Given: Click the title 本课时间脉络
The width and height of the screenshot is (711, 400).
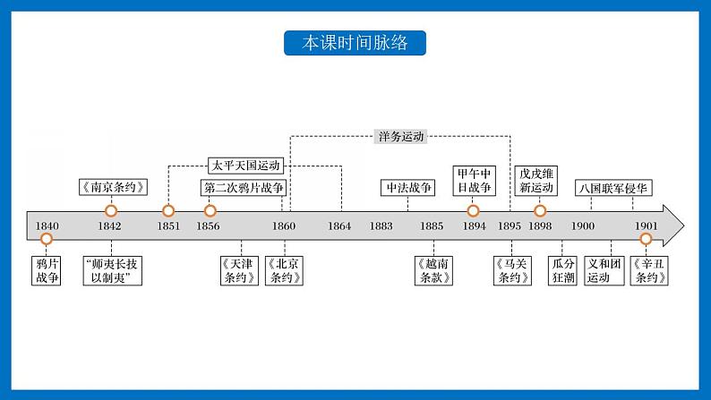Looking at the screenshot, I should point(355,43).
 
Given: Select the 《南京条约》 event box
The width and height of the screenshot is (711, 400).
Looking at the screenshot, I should point(111,187).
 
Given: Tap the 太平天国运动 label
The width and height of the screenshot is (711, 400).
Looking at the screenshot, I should point(244,165).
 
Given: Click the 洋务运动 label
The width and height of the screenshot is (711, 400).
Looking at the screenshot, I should point(399,137).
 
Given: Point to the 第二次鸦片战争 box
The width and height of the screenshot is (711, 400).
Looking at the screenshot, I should point(243,187).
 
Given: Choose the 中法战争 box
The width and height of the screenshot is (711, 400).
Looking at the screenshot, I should point(407,187).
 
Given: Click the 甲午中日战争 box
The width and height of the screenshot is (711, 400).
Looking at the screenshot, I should point(473,180).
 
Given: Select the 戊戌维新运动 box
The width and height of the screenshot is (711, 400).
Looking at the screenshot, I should point(540,180).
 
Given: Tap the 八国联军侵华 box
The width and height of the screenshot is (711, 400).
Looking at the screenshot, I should point(613,187).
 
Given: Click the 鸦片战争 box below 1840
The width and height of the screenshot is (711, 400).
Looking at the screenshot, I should point(47,270).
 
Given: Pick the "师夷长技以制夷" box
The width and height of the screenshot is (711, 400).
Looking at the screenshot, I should point(112,270).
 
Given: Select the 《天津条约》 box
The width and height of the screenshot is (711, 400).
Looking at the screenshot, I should point(241,270).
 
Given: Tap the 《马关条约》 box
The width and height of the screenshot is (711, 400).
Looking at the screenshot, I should point(513,270).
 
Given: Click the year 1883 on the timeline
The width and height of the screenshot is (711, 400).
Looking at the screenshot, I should point(381,226).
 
